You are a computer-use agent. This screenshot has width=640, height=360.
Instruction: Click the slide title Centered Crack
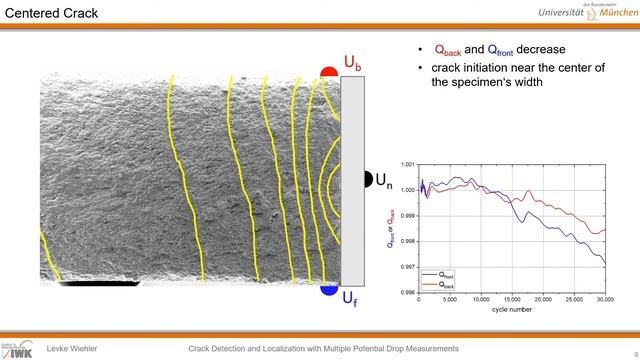pos(51,14)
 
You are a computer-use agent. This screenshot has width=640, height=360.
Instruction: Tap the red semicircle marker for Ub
pos(328,73)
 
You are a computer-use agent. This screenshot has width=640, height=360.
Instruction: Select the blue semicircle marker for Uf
pos(328,290)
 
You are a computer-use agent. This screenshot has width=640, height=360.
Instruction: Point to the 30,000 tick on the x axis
pos(603,299)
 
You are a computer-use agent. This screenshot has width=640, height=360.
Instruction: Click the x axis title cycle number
pos(511,309)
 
